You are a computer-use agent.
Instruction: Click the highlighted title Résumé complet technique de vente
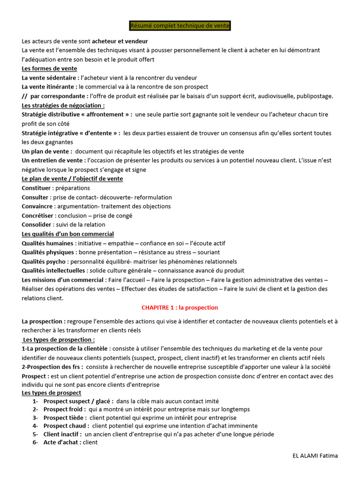pos(180,26)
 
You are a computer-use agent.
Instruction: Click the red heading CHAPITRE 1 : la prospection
pos(180,307)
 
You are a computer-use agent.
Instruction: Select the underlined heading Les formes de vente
pos(49,68)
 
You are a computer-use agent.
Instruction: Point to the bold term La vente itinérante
pos(49,87)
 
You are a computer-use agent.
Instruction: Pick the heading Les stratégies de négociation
pos(63,105)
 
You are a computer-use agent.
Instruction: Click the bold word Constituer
pos(36,188)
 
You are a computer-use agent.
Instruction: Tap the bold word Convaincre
pos(37,206)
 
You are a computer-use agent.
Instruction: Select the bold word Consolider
pos(37,225)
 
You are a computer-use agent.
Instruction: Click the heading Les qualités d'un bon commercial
pos(68,234)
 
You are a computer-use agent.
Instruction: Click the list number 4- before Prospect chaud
pos(35,426)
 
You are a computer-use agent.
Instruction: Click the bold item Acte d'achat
pos(62,442)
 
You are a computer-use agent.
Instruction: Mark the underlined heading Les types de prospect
pos(52,393)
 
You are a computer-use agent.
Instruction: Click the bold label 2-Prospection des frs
pos(52,367)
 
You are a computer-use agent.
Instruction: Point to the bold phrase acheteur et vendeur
pos(120,41)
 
